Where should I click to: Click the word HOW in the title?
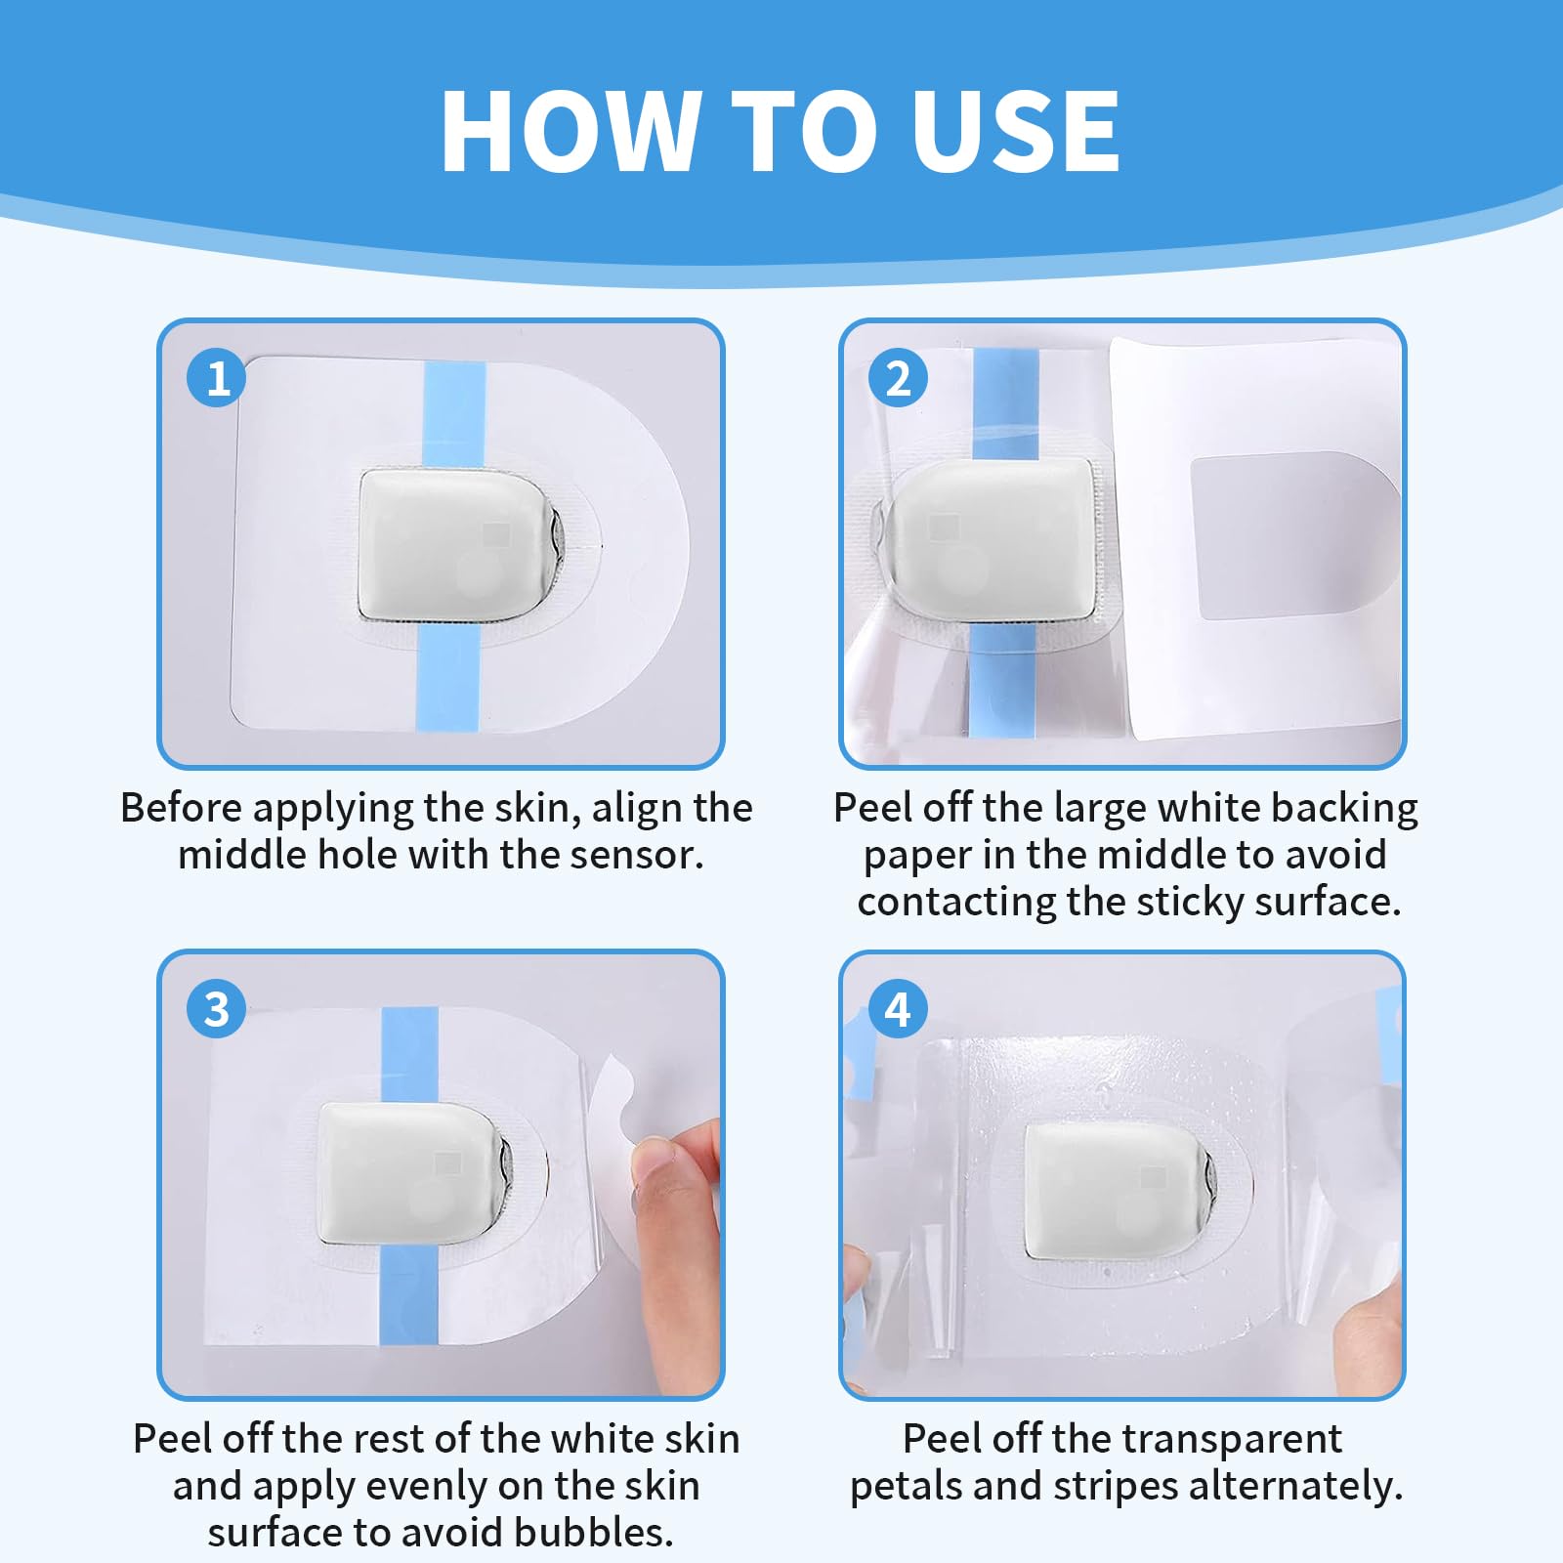point(571,131)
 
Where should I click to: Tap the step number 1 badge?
point(217,378)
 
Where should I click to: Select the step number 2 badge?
point(898,378)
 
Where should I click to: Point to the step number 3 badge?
point(217,1008)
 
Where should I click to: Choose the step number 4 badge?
point(898,1008)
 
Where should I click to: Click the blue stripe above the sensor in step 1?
point(454,415)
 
